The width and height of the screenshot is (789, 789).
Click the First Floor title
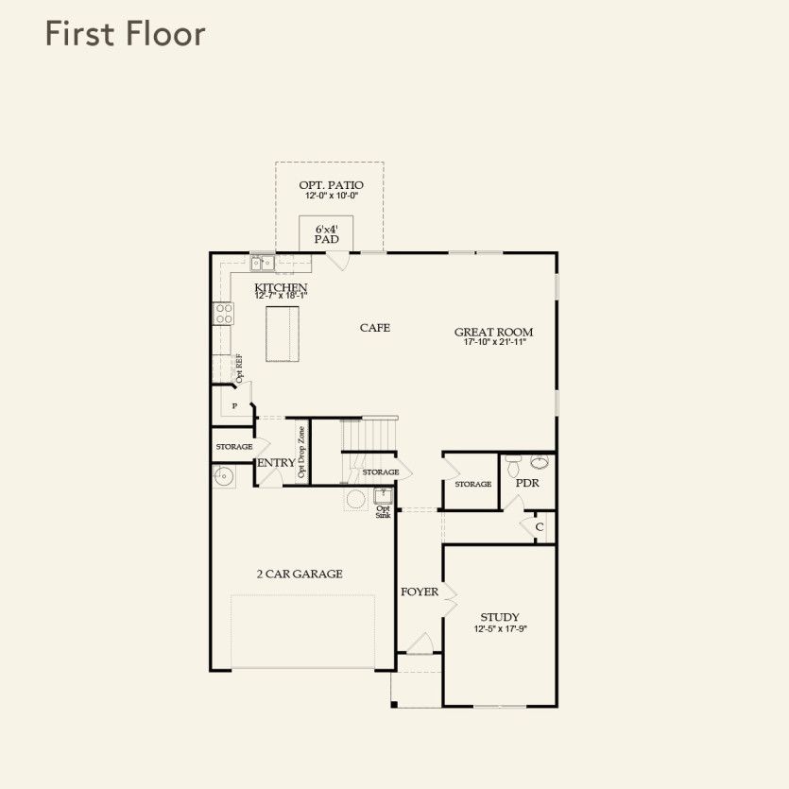126,34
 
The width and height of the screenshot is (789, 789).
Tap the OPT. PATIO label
331,185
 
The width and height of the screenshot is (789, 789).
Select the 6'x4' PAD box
326,234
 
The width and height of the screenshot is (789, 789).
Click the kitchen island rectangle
283,334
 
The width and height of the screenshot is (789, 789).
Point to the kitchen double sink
263,263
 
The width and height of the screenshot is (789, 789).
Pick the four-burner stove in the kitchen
223,314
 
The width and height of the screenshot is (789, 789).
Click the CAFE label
375,328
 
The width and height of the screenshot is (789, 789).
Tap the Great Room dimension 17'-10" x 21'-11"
494,342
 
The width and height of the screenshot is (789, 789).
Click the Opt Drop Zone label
301,452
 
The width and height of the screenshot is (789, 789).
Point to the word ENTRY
276,463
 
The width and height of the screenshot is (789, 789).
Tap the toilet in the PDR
513,466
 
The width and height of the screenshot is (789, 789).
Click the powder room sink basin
540,461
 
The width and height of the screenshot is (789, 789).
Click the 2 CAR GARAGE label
300,574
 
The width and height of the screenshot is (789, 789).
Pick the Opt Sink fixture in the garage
383,496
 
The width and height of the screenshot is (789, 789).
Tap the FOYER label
420,592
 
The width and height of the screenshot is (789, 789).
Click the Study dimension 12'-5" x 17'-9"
500,629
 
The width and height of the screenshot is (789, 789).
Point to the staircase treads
369,435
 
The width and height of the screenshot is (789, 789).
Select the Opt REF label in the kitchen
239,369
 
